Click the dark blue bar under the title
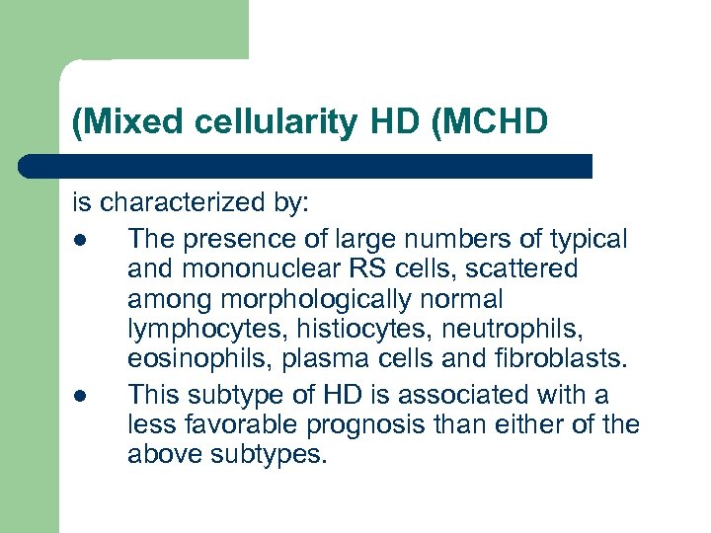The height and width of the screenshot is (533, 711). tap(306, 166)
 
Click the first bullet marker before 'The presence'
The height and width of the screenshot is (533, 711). tap(78, 240)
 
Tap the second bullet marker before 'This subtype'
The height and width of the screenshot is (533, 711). tap(78, 396)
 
